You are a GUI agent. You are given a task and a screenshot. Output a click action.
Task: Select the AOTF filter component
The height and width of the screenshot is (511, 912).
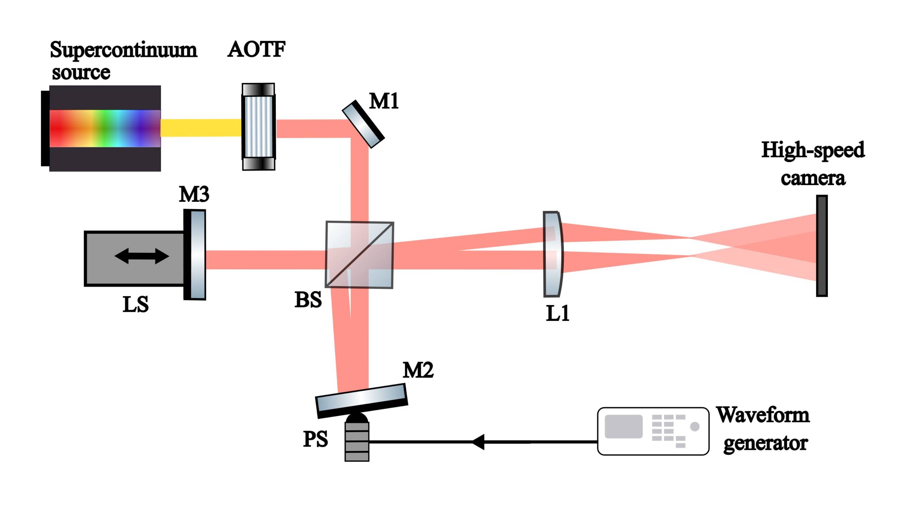coord(258,127)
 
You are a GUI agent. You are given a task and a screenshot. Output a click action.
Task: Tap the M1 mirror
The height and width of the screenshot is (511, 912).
coord(363,124)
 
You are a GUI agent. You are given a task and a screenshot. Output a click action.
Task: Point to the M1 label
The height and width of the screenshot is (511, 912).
coord(384,101)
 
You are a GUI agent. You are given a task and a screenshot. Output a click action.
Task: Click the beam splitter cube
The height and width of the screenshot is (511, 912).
coord(359,255)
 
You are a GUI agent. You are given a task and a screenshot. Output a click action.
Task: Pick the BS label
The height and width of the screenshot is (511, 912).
coord(308,300)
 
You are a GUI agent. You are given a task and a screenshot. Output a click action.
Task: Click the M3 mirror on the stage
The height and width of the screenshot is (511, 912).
coord(195,255)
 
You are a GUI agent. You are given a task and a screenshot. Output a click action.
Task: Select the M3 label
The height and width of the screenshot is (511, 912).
coord(194,194)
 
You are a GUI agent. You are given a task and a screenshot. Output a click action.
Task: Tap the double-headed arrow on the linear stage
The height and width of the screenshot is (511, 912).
coord(141,256)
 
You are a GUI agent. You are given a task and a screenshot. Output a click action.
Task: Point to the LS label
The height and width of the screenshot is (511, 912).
coord(135,305)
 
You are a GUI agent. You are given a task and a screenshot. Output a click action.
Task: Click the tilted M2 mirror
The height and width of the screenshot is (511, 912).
coord(362,400)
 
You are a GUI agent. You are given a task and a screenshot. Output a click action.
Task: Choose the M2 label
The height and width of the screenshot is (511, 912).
coord(418,370)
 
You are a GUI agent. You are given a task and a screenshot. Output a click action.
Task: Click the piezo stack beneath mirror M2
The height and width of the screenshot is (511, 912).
coord(357,441)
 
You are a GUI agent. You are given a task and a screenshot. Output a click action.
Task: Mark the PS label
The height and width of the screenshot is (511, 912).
coord(315,439)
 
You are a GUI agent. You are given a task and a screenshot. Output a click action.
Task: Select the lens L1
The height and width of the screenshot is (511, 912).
coord(553,254)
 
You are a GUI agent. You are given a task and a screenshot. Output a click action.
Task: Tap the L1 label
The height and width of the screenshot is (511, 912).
coord(558,314)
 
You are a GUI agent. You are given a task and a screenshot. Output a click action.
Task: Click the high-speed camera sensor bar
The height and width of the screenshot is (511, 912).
coord(822,246)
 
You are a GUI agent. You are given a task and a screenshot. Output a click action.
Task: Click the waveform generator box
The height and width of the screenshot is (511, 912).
coord(653,431)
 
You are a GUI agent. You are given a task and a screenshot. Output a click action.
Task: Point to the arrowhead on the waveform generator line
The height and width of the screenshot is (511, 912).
coord(478,442)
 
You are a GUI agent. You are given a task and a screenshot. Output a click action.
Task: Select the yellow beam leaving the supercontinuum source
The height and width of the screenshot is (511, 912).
coord(201,128)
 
